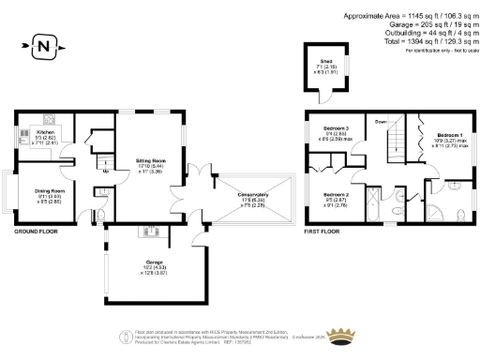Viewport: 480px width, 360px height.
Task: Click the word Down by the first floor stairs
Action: (x=381, y=122)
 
